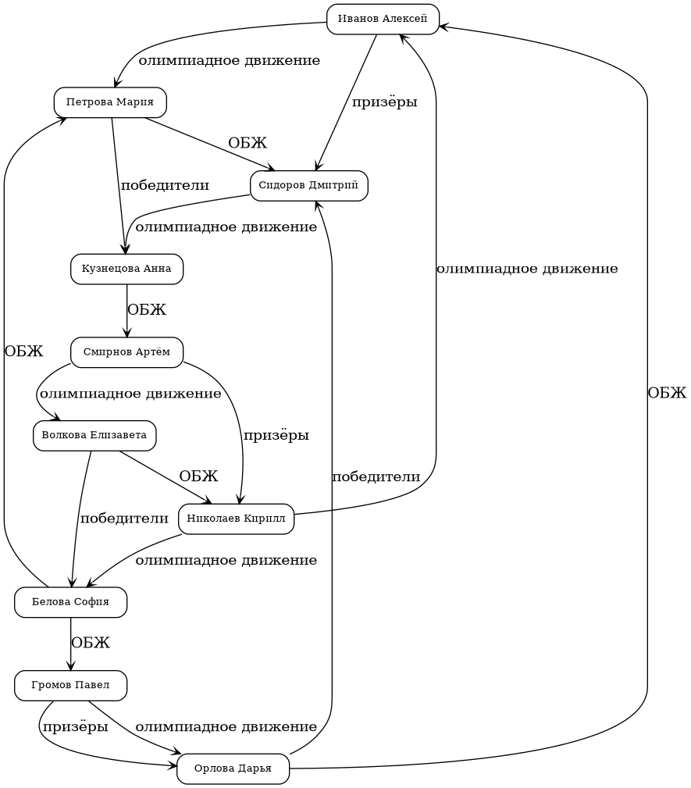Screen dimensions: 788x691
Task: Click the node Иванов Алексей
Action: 383,20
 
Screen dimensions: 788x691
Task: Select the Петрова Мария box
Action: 110,102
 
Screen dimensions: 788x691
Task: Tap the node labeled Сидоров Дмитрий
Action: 308,186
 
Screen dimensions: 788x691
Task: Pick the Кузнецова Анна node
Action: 126,269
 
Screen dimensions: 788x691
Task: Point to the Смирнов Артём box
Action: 126,352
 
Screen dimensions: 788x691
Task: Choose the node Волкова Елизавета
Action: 94,436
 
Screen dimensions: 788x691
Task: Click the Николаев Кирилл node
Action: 236,519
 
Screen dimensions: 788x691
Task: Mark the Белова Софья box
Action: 70,602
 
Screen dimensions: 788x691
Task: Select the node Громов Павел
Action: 70,686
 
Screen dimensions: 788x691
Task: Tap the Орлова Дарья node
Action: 233,769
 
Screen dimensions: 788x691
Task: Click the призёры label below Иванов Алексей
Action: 384,102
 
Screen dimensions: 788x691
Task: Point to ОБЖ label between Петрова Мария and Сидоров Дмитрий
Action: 248,144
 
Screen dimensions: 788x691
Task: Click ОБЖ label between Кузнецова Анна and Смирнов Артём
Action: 147,310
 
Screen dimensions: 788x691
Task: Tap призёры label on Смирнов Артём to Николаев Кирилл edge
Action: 276,436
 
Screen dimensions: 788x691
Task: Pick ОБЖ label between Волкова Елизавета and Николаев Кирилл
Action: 198,476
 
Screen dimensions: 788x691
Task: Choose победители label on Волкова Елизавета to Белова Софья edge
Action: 124,519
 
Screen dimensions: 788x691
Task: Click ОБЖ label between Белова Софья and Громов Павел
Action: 91,644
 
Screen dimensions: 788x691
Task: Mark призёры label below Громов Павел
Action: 75,728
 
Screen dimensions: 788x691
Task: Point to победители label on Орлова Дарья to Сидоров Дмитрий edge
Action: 376,477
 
